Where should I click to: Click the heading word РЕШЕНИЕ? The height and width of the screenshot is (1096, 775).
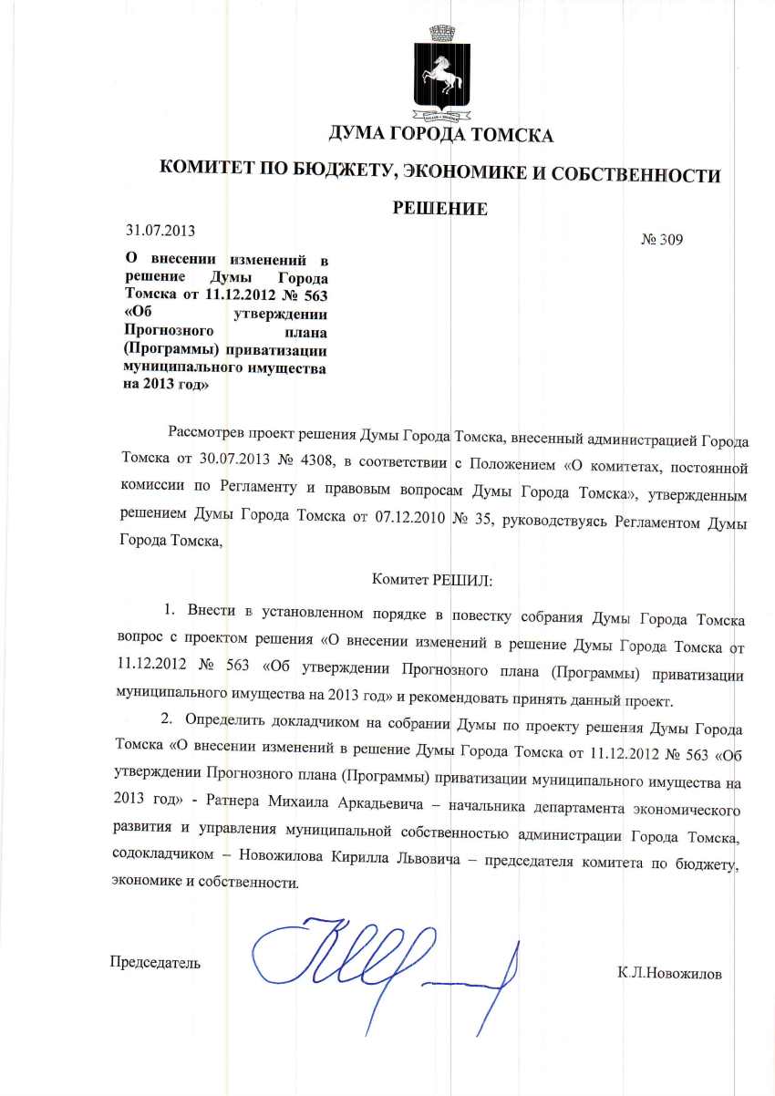(439, 209)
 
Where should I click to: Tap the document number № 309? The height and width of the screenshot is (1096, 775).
(663, 240)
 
